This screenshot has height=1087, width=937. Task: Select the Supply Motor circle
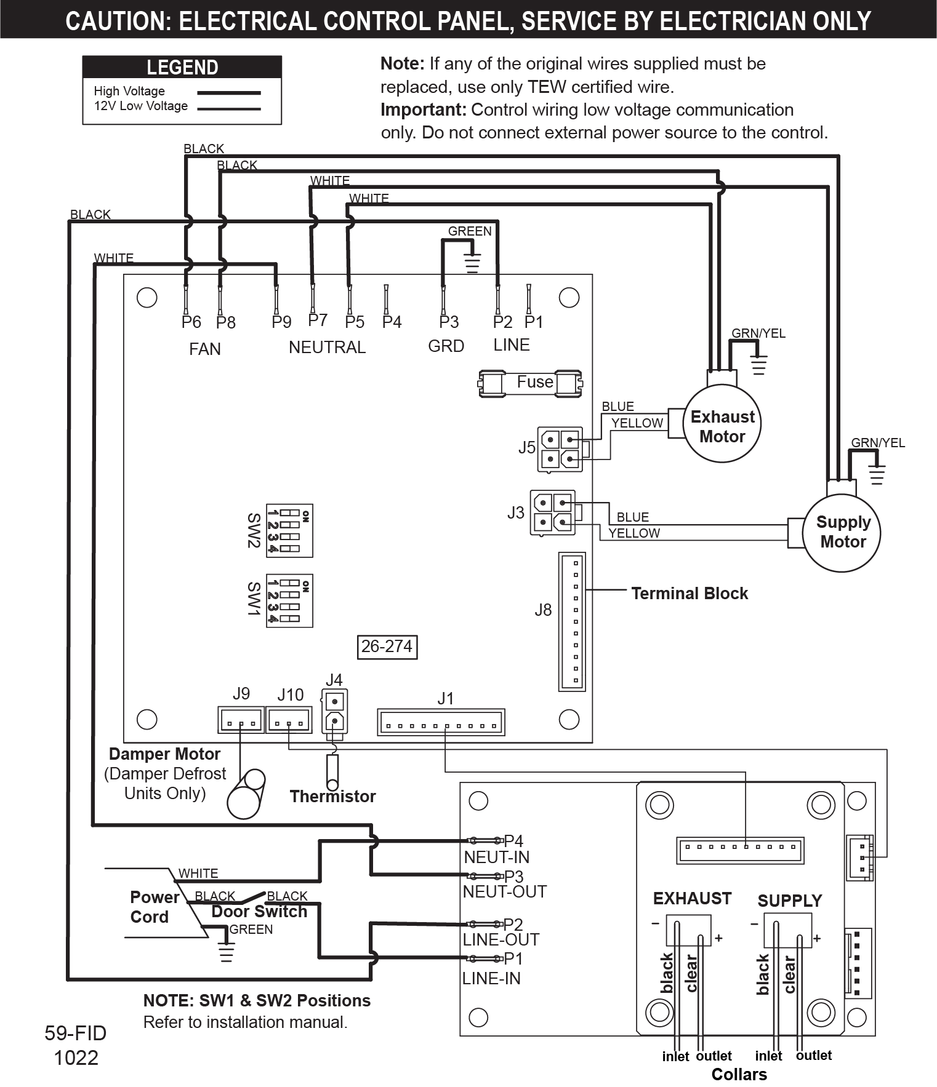(x=842, y=533)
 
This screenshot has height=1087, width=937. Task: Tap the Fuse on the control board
(x=530, y=383)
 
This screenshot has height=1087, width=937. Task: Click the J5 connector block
(x=560, y=449)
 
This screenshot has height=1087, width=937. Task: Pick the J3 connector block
(x=552, y=512)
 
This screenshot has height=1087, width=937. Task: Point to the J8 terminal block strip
(x=572, y=621)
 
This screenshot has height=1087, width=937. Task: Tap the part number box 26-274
(x=387, y=647)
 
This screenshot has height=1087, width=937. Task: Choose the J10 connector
(x=288, y=719)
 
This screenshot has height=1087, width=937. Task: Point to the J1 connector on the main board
(x=441, y=722)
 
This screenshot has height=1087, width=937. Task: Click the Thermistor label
(x=332, y=797)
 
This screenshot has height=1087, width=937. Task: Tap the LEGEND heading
(x=182, y=67)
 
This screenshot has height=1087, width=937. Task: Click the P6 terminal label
(x=191, y=322)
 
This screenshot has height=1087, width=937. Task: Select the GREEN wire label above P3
(x=469, y=231)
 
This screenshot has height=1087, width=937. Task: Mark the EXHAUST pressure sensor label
(x=692, y=899)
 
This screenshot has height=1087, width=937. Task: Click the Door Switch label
(x=259, y=912)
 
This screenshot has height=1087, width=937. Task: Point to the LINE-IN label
(x=491, y=978)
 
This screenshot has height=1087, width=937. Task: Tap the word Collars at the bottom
(x=739, y=1074)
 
